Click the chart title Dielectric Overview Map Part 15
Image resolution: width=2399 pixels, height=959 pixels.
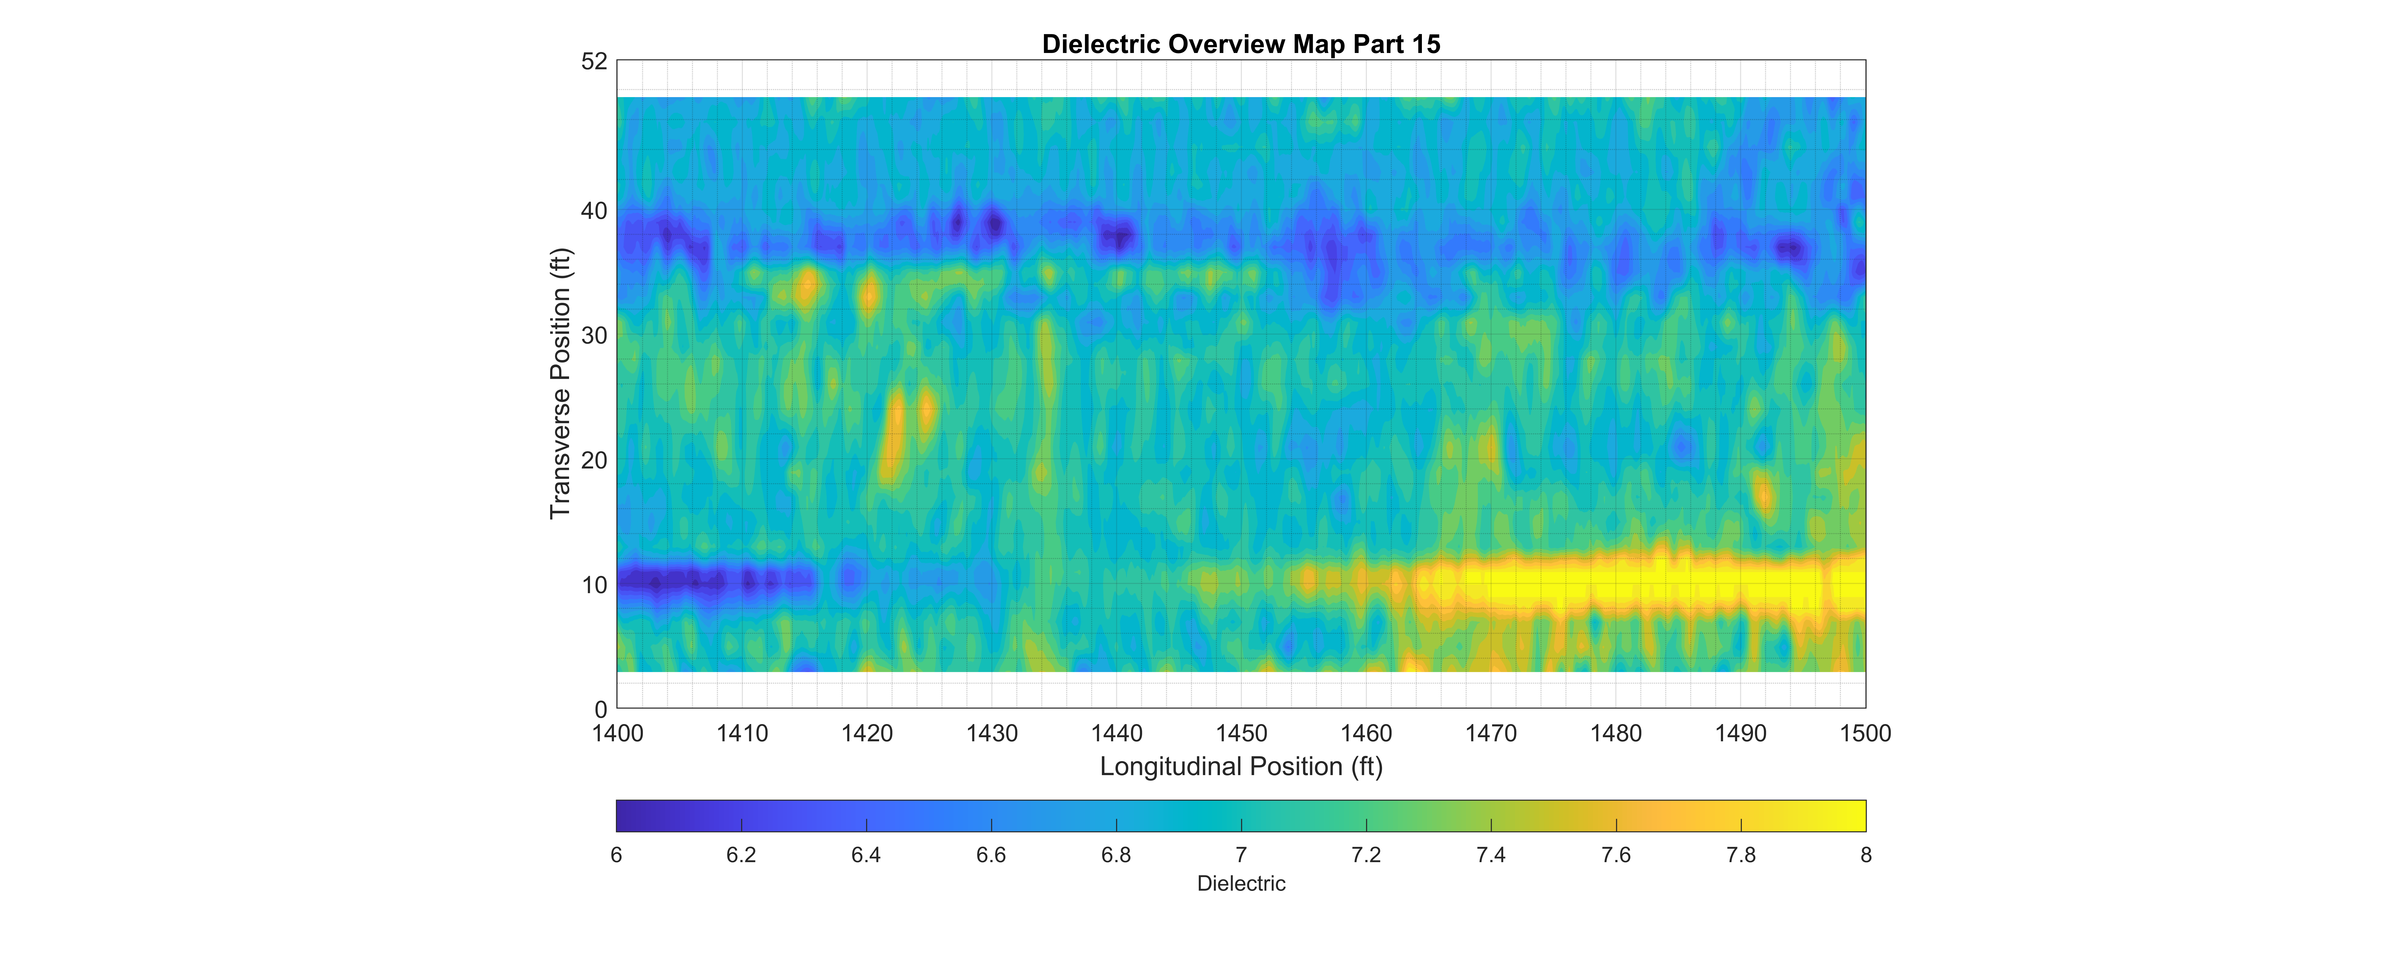[x=1241, y=44]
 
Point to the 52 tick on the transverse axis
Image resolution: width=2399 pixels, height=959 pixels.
[x=594, y=61]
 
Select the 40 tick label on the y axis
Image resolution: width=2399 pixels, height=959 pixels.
[x=594, y=211]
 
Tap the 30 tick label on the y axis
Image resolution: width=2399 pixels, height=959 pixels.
[x=594, y=336]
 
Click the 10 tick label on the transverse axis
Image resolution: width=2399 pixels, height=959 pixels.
[x=594, y=586]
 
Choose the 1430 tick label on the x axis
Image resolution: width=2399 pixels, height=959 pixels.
[x=992, y=734]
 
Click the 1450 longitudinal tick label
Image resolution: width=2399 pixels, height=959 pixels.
[x=1241, y=734]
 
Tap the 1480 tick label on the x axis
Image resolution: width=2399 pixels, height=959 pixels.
[x=1616, y=734]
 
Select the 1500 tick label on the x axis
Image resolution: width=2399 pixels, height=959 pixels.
[x=1865, y=734]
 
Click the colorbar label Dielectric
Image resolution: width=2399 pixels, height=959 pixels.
[x=1241, y=883]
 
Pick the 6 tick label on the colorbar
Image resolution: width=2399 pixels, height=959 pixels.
[x=617, y=855]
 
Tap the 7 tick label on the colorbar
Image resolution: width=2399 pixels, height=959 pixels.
[x=1241, y=855]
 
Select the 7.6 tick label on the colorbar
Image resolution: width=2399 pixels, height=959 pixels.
[x=1616, y=855]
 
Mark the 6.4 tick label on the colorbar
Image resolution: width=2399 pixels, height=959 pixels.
[x=866, y=855]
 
